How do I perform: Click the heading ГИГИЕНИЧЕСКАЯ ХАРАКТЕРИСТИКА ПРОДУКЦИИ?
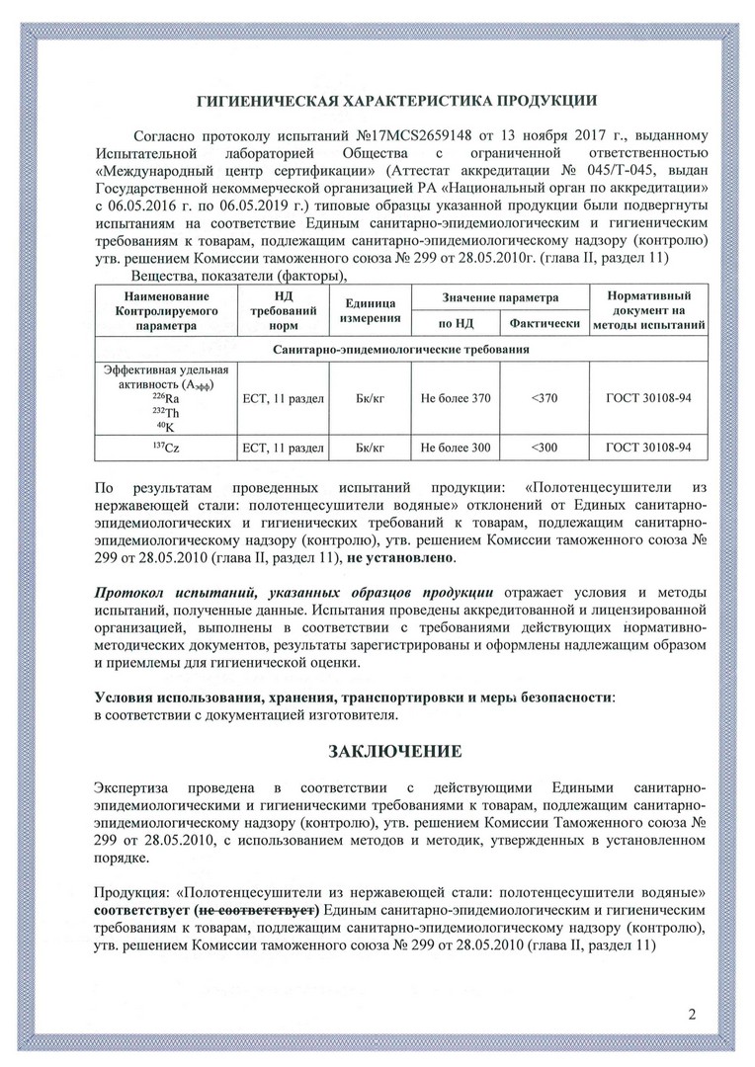[394, 99]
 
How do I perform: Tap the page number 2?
[692, 1015]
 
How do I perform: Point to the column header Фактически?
[544, 323]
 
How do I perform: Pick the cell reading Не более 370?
[455, 398]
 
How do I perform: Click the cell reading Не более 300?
[455, 448]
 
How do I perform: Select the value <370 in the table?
[544, 398]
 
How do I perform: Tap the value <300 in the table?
[544, 448]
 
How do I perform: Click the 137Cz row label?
[165, 448]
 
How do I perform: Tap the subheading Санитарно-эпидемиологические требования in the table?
[400, 350]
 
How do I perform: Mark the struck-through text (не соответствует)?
[256, 908]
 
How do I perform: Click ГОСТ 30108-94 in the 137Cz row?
[648, 448]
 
